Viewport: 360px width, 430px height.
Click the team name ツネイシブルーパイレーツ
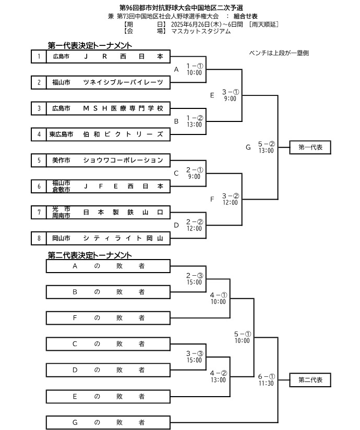pyautogui.click(x=123, y=82)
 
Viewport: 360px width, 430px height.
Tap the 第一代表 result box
pyautogui.click(x=310, y=148)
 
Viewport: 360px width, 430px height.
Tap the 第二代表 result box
pyautogui.click(x=310, y=380)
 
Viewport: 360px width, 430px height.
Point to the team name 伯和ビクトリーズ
pyautogui.click(x=123, y=134)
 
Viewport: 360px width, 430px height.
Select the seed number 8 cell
pyautogui.click(x=38, y=238)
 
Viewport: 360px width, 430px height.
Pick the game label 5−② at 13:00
pyautogui.click(x=266, y=144)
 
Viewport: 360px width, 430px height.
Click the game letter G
pyautogui.click(x=248, y=148)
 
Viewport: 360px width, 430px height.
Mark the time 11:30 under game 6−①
pyautogui.click(x=266, y=383)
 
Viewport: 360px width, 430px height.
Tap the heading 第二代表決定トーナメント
pyautogui.click(x=89, y=255)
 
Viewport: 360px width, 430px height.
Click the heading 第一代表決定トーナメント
pyautogui.click(x=89, y=46)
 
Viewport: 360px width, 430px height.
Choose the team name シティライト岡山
pyautogui.click(x=123, y=238)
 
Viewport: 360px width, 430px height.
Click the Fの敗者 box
pyautogui.click(x=109, y=317)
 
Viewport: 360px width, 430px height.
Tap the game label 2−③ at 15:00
pyautogui.click(x=194, y=275)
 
